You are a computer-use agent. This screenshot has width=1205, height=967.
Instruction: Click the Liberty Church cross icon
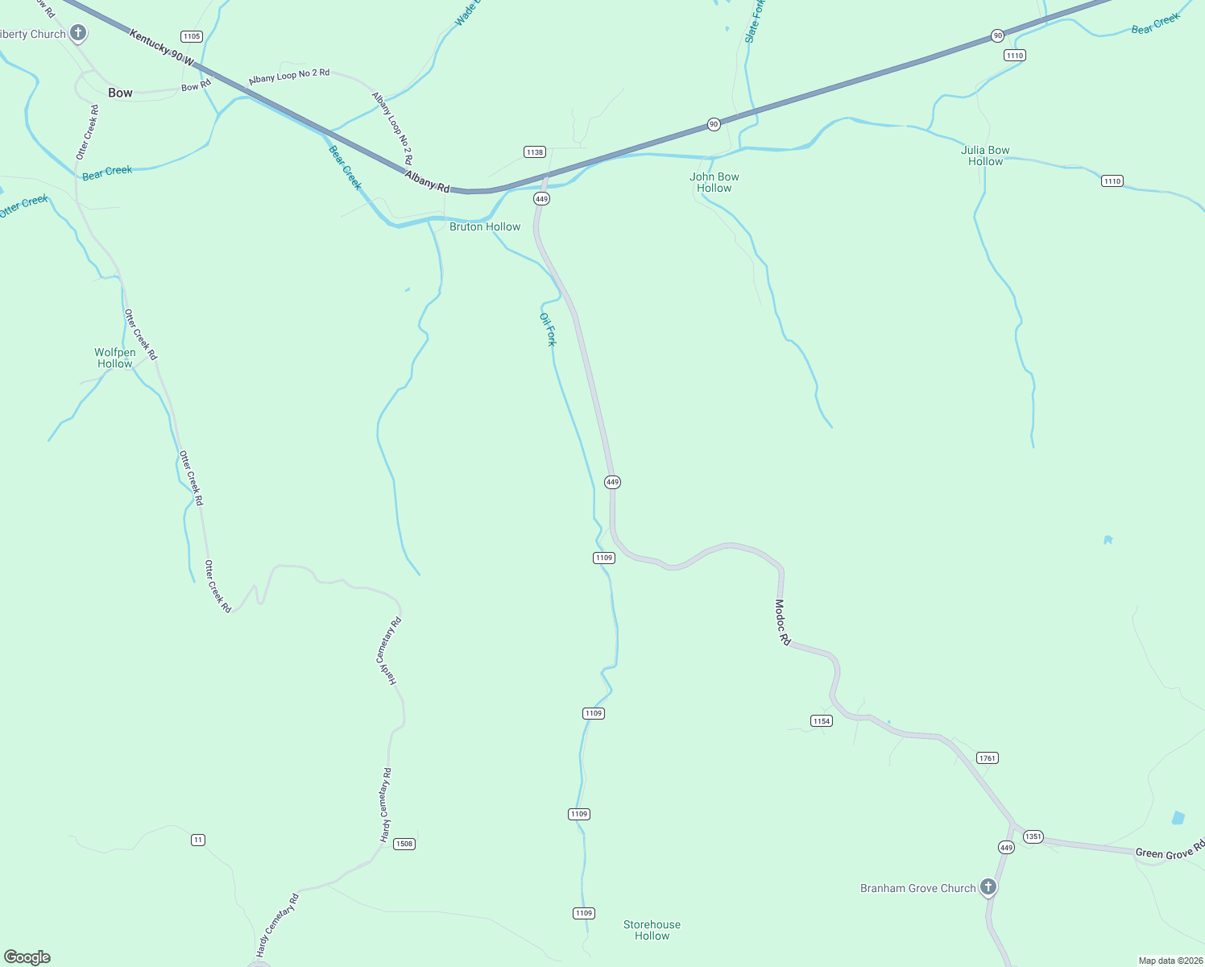(x=78, y=33)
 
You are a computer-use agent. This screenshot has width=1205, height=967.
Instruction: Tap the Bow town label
(x=120, y=93)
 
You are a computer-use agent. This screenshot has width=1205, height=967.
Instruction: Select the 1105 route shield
(x=191, y=36)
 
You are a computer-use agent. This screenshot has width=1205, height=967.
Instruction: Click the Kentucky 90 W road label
(x=162, y=48)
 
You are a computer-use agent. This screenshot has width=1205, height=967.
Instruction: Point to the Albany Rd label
(x=427, y=181)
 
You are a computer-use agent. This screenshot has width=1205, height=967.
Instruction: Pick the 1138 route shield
(x=534, y=151)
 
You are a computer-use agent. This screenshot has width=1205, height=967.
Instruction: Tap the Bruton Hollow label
(x=485, y=226)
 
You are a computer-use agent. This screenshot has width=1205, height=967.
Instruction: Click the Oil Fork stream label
(x=548, y=329)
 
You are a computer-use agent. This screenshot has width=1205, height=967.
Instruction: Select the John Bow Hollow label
(x=714, y=182)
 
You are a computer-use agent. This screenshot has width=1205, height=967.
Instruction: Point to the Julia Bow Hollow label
(x=985, y=156)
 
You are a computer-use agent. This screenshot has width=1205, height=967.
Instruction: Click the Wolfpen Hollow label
(x=115, y=358)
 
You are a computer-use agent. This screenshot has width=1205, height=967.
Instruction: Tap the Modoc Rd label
(x=782, y=621)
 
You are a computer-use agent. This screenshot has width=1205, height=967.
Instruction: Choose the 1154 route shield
(x=821, y=720)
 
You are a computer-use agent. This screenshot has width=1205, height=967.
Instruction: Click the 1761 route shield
(x=987, y=757)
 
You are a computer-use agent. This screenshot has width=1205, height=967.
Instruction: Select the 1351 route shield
(x=1033, y=836)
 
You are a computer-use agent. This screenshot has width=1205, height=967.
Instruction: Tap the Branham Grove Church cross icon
(x=988, y=887)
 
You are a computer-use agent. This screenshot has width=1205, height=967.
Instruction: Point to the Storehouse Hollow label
(x=652, y=930)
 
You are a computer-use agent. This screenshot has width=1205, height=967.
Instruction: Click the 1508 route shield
(x=404, y=844)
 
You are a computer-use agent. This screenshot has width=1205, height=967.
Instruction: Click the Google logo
(x=27, y=957)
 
